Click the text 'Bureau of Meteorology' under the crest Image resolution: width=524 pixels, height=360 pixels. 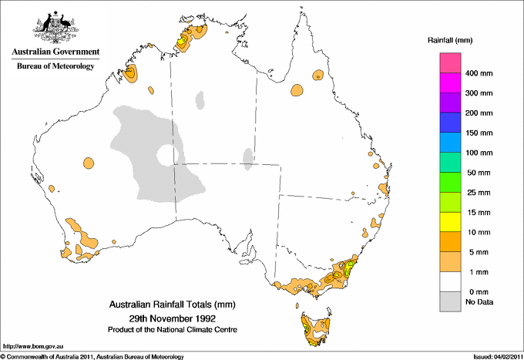[55, 66]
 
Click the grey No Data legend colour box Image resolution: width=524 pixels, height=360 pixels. [450, 302]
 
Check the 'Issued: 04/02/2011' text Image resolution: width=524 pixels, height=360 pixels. [491, 356]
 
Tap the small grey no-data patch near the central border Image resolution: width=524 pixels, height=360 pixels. [248, 159]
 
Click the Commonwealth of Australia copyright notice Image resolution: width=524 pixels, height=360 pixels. [92, 356]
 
